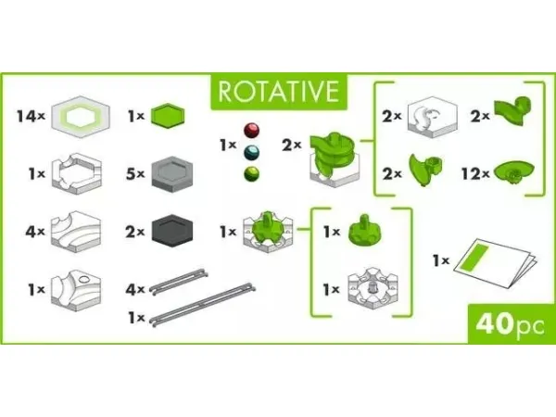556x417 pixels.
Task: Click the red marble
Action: (x=251, y=130)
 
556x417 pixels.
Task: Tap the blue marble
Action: (x=251, y=153)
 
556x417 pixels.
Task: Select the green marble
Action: (x=251, y=174)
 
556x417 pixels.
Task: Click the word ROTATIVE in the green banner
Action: (x=278, y=92)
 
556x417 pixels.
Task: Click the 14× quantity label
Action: (x=32, y=116)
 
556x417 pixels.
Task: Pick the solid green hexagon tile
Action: (x=168, y=116)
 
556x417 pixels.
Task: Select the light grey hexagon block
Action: (x=172, y=174)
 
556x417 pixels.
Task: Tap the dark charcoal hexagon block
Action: (x=172, y=231)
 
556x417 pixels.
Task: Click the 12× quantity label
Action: (x=475, y=174)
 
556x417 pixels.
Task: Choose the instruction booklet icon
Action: (x=495, y=262)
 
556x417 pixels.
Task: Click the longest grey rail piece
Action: (x=202, y=304)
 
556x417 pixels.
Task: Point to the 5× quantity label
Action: (x=135, y=174)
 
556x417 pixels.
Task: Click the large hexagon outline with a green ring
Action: (x=81, y=117)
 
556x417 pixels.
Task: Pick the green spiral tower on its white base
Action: (x=334, y=158)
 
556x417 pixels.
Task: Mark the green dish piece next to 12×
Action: (x=513, y=172)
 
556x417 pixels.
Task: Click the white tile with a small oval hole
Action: (x=76, y=290)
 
